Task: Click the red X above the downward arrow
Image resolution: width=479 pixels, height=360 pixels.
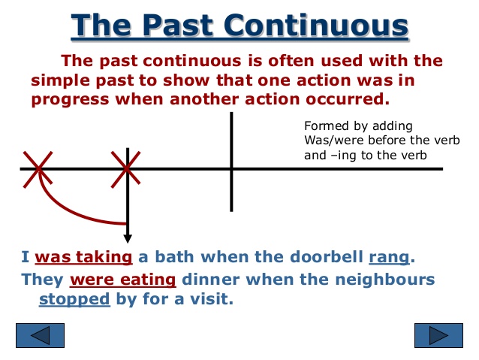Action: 127,168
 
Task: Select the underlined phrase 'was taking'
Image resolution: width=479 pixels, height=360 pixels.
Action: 83,257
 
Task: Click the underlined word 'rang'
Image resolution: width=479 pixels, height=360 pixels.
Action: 389,257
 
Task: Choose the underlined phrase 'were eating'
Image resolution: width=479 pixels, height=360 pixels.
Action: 122,280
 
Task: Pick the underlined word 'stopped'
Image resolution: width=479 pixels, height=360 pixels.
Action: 74,299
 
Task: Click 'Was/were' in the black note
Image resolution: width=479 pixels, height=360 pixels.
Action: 330,141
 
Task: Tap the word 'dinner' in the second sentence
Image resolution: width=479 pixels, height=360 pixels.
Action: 206,280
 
